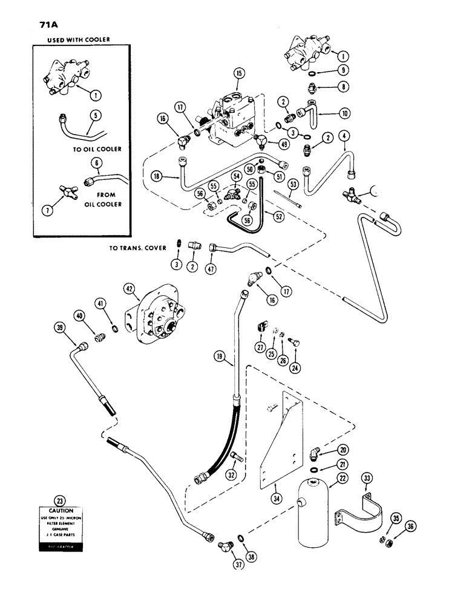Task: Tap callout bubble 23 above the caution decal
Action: [x=59, y=501]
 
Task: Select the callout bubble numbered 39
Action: [x=59, y=327]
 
